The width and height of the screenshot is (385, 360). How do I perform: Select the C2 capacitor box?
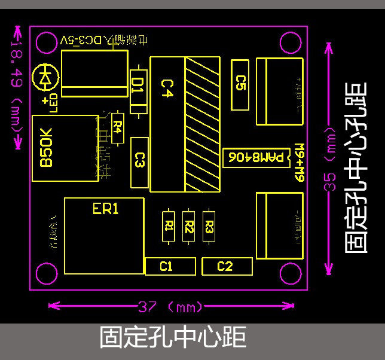[x=225, y=266]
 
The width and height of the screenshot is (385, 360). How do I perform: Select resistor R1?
[x=169, y=226]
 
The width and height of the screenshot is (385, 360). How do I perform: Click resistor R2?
[x=189, y=226]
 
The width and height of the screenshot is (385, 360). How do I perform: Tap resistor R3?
[x=209, y=226]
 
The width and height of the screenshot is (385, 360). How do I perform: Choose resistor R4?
[x=118, y=127]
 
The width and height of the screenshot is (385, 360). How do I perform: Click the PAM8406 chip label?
[x=255, y=158]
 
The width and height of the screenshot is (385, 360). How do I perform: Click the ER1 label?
[x=106, y=209]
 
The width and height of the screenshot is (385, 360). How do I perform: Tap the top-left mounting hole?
[x=47, y=42]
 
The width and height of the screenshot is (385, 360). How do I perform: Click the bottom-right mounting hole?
[x=290, y=274]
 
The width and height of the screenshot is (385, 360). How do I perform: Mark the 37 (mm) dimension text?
[x=170, y=307]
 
